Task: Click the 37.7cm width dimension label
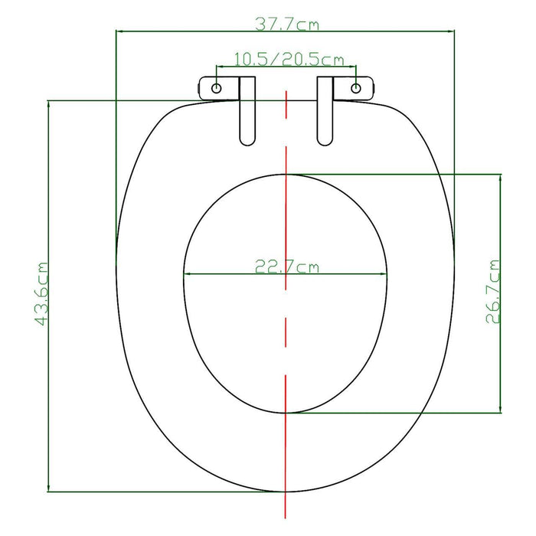click(287, 25)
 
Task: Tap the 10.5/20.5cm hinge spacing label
click(288, 59)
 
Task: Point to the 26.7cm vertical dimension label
click(494, 292)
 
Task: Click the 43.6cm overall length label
click(41, 295)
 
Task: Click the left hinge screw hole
click(217, 88)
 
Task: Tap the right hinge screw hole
click(356, 88)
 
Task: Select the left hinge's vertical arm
click(247, 115)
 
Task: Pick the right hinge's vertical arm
click(325, 115)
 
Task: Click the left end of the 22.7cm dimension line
click(184, 275)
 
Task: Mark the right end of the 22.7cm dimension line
click(387, 275)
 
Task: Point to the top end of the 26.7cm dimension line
click(501, 174)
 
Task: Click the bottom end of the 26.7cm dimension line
click(501, 413)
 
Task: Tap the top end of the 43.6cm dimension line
click(49, 100)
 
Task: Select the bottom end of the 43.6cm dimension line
click(49, 492)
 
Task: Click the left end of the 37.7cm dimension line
click(116, 31)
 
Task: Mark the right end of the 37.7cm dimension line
click(454, 31)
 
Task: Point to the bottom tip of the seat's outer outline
click(286, 491)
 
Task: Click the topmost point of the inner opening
click(286, 174)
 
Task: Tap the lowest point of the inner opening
click(286, 413)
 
